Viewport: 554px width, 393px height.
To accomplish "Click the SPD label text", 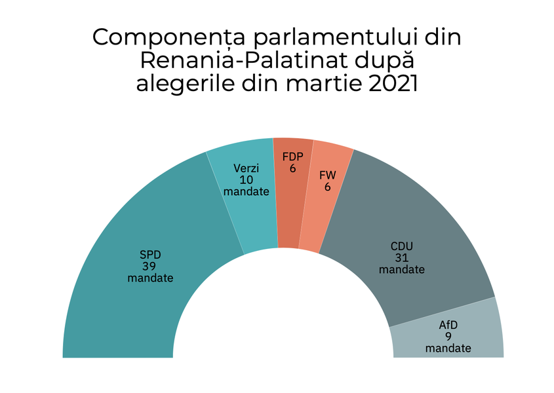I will pyautogui.click(x=150, y=255).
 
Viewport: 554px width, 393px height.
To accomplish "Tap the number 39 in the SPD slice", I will pyautogui.click(x=150, y=267).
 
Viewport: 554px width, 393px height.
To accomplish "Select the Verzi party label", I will pyautogui.click(x=246, y=168).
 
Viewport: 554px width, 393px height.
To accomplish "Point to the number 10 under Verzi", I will pyautogui.click(x=246, y=180).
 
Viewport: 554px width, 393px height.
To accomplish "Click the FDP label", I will pyautogui.click(x=292, y=157).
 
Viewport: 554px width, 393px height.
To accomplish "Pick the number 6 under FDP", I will pyautogui.click(x=292, y=168).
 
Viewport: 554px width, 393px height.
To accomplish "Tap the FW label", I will pyautogui.click(x=327, y=175).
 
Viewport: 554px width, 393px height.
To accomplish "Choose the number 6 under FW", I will pyautogui.click(x=327, y=187).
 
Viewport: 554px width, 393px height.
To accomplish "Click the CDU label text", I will pyautogui.click(x=402, y=246).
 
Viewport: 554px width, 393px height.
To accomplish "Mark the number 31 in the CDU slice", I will pyautogui.click(x=402, y=258).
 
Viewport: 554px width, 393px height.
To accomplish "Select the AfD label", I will pyautogui.click(x=448, y=325).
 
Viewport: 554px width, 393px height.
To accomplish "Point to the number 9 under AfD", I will pyautogui.click(x=448, y=337).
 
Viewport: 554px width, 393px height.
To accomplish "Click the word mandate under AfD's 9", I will pyautogui.click(x=448, y=348).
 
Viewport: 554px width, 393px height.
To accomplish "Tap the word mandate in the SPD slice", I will pyautogui.click(x=150, y=278).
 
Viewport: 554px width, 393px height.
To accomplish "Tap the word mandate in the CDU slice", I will pyautogui.click(x=402, y=270).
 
